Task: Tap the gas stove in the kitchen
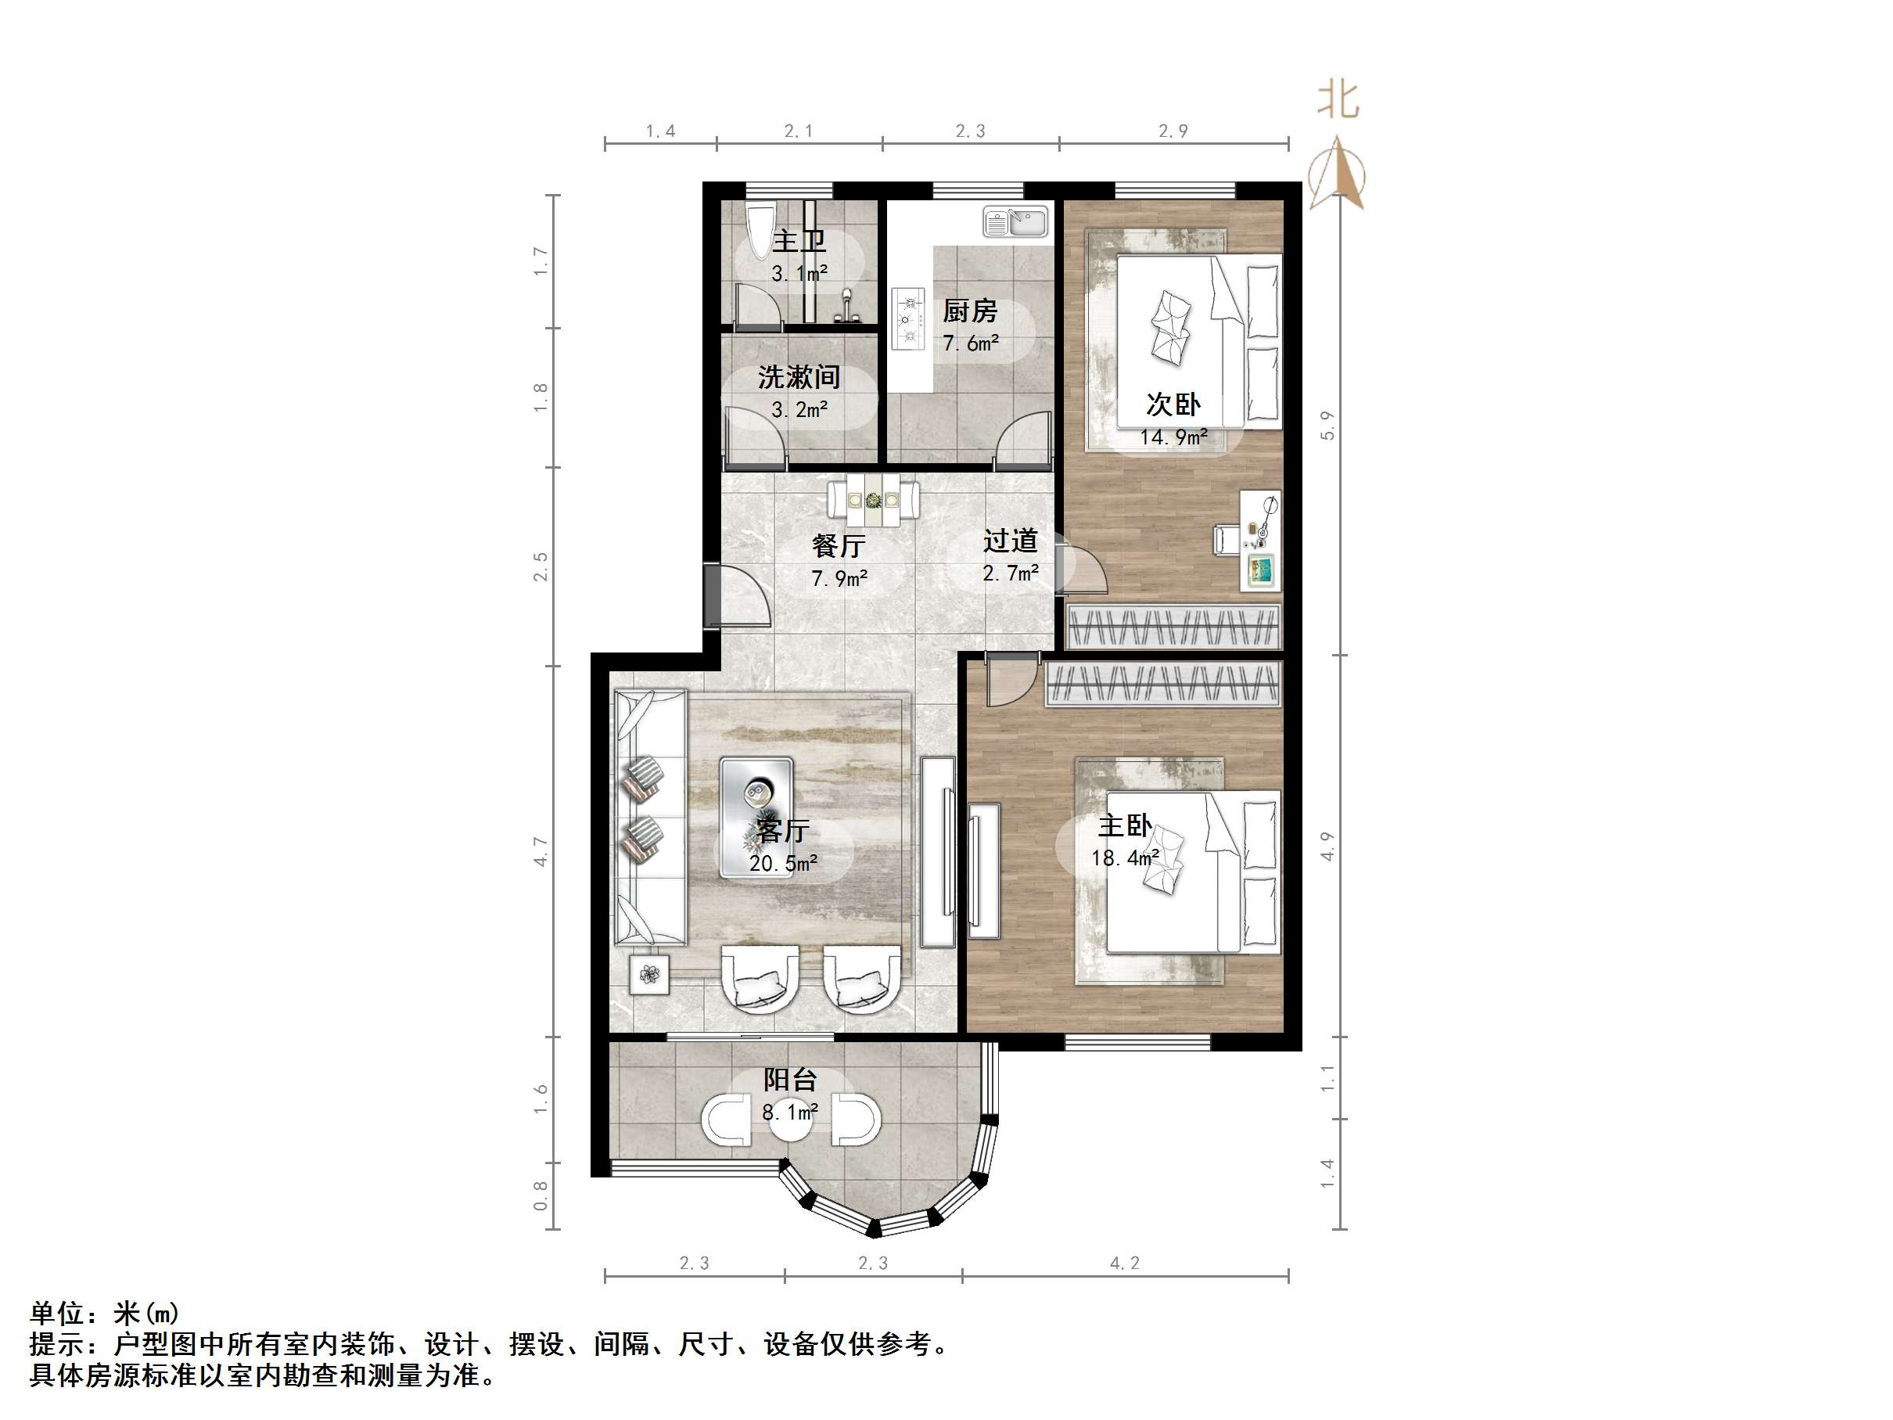click(908, 318)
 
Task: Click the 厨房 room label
click(970, 311)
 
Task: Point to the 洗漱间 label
click(799, 376)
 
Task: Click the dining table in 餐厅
click(873, 498)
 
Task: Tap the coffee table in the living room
click(756, 818)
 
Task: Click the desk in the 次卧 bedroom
click(1259, 540)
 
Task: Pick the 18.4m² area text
click(1125, 857)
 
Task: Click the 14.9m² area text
click(1173, 437)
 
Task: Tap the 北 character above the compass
click(1338, 100)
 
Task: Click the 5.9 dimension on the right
click(1327, 426)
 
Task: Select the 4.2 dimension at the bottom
click(1125, 1263)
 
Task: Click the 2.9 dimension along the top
click(1173, 131)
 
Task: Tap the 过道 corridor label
click(1010, 541)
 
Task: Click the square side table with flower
click(649, 974)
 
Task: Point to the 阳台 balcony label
click(790, 1080)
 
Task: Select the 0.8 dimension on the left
click(541, 1195)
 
